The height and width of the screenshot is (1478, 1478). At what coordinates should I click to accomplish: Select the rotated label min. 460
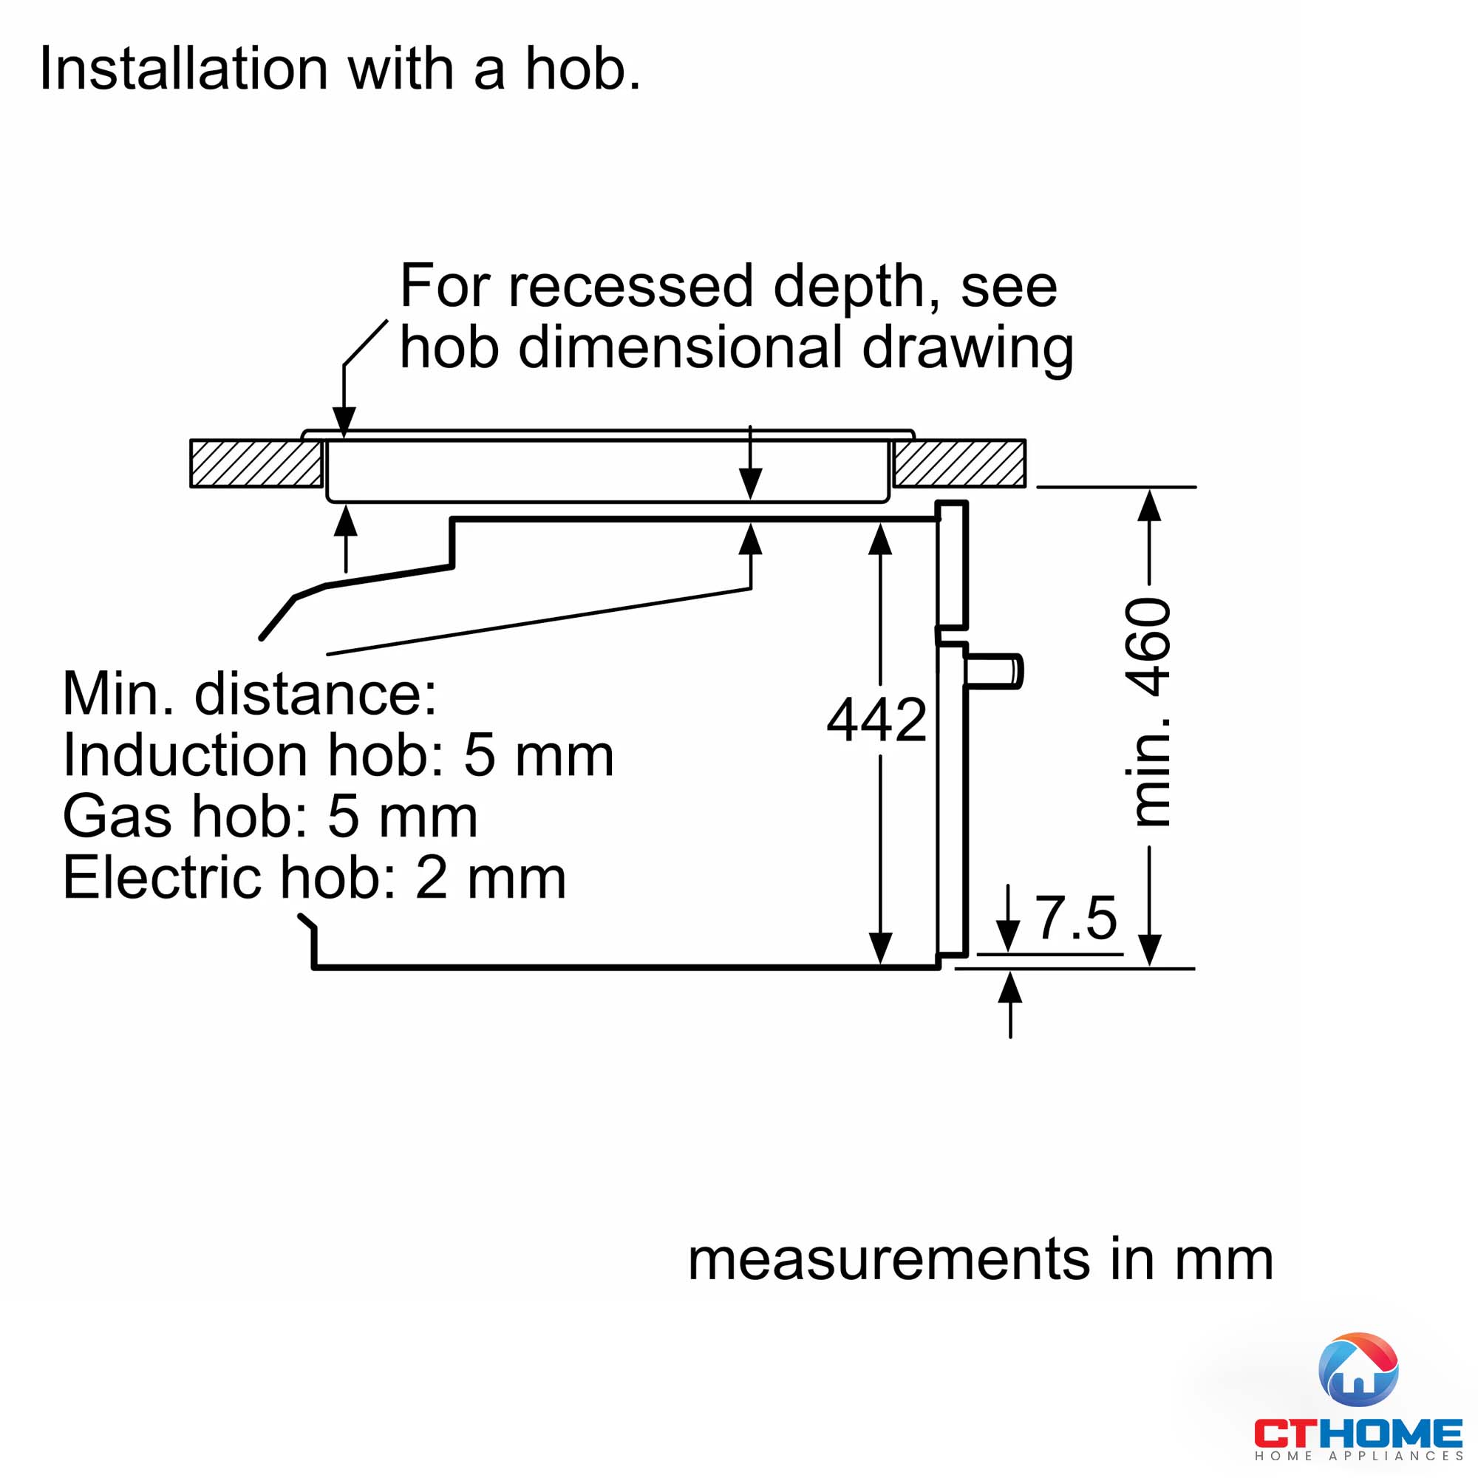(x=1148, y=712)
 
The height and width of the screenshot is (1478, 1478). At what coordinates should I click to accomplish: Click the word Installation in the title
(x=183, y=69)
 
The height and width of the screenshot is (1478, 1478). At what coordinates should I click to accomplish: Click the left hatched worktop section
(x=256, y=463)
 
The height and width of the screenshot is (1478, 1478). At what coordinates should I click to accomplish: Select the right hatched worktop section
(x=959, y=463)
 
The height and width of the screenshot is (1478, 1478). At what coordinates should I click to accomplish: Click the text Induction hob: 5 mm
(x=338, y=755)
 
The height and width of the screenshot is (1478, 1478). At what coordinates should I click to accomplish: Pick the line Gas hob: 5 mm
(x=270, y=817)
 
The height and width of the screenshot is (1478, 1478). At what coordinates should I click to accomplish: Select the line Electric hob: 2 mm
(x=314, y=877)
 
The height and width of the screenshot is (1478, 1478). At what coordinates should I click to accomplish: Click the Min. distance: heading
(x=249, y=694)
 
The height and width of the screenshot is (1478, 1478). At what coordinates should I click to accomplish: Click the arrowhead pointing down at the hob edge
(x=344, y=421)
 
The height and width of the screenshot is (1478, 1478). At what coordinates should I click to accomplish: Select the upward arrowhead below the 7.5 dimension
(x=1010, y=988)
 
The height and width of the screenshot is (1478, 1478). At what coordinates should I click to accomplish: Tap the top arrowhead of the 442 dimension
(x=881, y=539)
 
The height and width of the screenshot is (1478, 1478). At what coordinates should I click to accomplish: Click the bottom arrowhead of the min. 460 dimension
(x=1150, y=950)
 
